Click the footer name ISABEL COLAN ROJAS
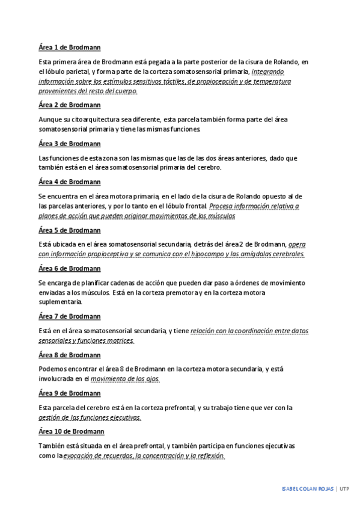point(308,488)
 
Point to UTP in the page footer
point(344,488)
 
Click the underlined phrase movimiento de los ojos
point(125,379)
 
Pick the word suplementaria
point(60,302)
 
